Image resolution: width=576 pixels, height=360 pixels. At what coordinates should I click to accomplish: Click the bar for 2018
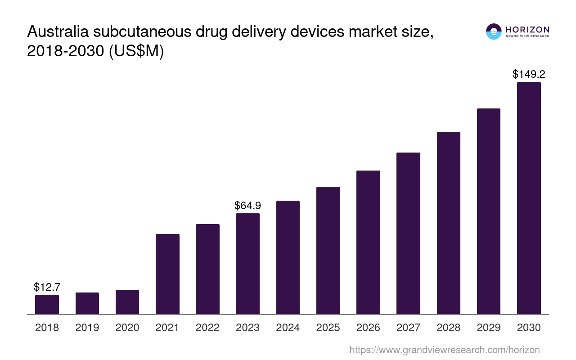coord(47,304)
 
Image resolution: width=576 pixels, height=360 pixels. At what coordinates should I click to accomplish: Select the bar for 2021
coord(167,274)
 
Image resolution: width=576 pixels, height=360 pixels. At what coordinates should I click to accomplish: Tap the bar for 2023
coord(247,264)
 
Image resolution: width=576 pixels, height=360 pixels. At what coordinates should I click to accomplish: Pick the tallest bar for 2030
coord(529,198)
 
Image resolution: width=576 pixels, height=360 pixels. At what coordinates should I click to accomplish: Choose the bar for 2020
coord(127,302)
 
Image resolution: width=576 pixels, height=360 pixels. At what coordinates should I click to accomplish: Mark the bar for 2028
coord(448,223)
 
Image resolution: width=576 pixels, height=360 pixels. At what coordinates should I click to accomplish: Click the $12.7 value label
coord(47,287)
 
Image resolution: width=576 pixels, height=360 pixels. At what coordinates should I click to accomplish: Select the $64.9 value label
coord(247,206)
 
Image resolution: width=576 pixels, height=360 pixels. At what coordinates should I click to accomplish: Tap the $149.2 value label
coord(529,74)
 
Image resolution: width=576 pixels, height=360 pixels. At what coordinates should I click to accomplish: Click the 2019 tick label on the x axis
coord(87,328)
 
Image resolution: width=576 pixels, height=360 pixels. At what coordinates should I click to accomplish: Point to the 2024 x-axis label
coord(288,328)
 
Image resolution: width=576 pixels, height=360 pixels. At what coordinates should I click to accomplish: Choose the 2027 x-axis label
coord(408,328)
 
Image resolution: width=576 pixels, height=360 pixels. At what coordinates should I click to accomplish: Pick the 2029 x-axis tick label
coord(489,328)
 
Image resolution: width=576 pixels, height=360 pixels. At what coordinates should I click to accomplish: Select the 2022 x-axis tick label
coord(207,328)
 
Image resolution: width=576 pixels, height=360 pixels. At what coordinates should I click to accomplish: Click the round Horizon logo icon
coord(494,31)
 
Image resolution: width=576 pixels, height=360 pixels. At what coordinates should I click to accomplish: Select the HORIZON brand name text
coord(527,30)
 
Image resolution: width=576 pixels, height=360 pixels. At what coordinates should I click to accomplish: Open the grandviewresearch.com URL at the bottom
coord(444,350)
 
